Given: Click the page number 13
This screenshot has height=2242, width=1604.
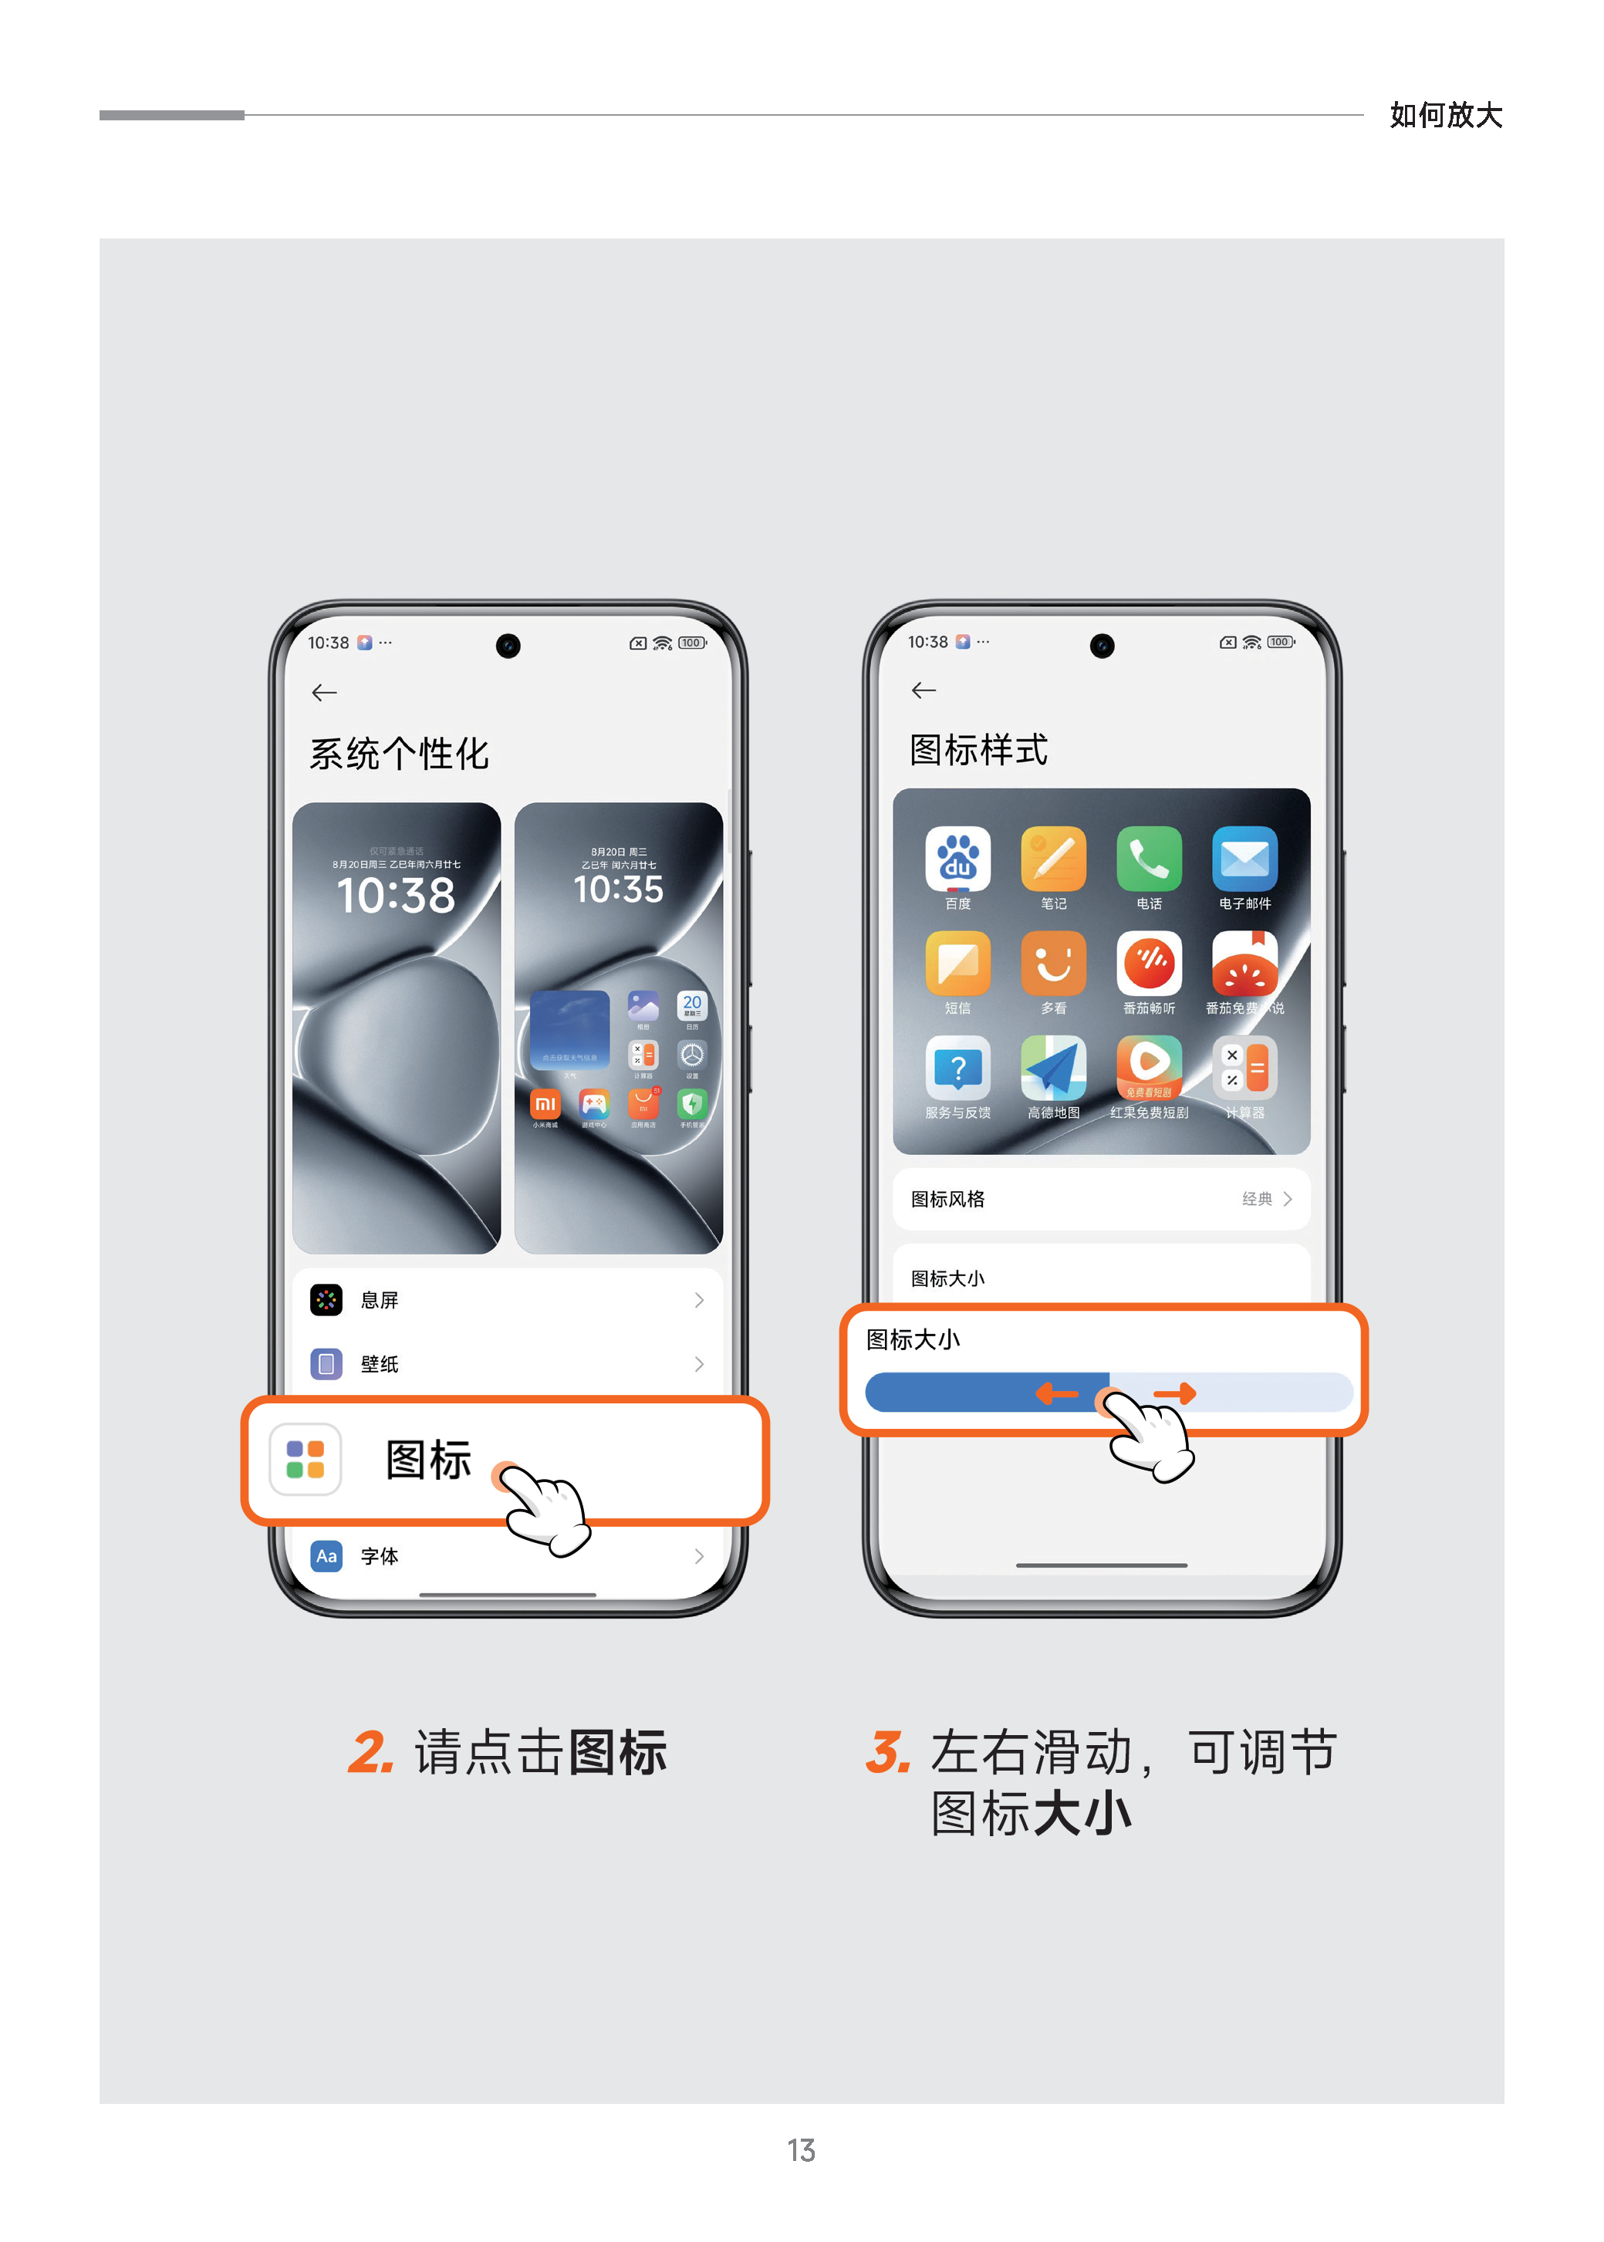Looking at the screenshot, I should click(x=801, y=2149).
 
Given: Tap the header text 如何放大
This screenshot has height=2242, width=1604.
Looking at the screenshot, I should click(x=1445, y=115).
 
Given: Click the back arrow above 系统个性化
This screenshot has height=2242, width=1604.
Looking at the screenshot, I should click(x=324, y=692).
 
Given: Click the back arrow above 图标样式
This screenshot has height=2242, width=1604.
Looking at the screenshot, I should click(x=924, y=690).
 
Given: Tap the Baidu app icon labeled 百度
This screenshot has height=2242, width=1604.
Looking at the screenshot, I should click(x=957, y=858).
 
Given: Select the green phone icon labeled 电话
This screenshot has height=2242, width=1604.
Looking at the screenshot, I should click(x=1149, y=858).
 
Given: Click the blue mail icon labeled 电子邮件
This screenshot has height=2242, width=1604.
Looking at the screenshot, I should click(x=1244, y=858).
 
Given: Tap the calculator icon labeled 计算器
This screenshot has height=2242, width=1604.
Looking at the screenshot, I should click(x=1244, y=1068).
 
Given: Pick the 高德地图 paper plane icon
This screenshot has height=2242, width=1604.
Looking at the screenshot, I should click(x=1053, y=1068).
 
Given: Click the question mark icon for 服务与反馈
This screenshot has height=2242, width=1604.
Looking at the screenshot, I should click(x=957, y=1068).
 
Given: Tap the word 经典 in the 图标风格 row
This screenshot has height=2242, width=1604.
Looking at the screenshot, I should click(x=1256, y=1199).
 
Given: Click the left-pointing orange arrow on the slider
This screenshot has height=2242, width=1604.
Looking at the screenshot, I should click(x=1057, y=1393).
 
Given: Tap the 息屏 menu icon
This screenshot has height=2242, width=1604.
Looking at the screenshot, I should click(x=326, y=1300).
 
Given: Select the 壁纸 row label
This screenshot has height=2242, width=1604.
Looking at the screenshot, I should click(x=380, y=1364).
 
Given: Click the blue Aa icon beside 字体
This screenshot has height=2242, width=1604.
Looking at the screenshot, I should click(x=326, y=1555).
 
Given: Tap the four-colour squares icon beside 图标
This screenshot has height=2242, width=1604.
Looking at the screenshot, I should click(x=306, y=1459).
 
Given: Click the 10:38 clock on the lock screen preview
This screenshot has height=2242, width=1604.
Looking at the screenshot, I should click(x=396, y=895).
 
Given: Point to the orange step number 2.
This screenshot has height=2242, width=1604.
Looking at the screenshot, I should click(x=371, y=1753).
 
